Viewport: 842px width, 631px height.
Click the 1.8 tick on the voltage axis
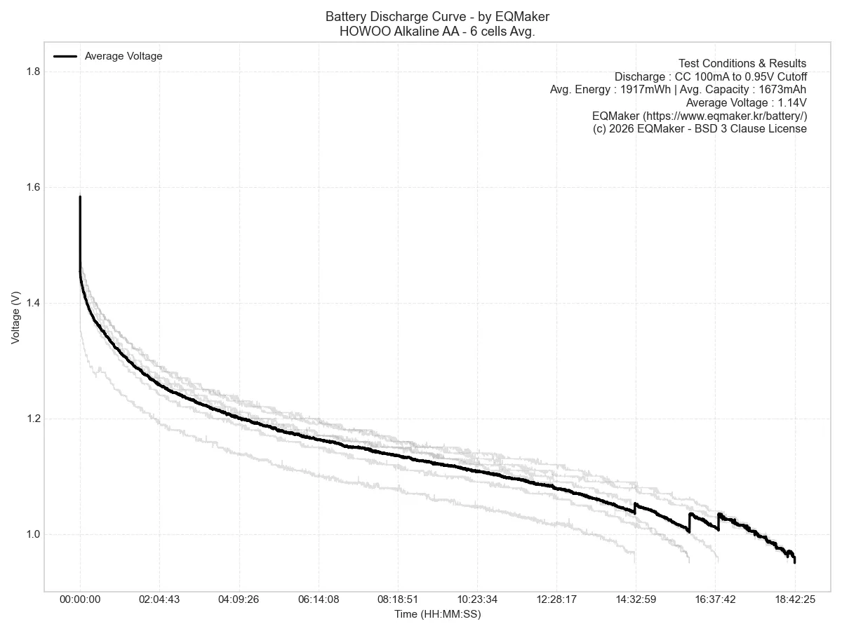(34, 72)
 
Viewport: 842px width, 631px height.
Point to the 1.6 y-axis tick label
(34, 188)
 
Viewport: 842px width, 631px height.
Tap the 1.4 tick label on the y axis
(34, 304)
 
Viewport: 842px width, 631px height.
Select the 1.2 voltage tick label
(34, 419)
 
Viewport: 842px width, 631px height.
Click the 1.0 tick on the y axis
(34, 535)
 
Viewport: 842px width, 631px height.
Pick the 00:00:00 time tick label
(80, 599)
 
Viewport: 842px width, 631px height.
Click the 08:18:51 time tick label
(398, 599)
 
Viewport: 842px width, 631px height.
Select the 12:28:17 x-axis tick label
(556, 599)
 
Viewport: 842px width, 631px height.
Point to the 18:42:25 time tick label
(795, 599)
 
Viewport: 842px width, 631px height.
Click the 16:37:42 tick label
(715, 599)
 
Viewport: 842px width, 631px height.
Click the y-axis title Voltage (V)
(15, 317)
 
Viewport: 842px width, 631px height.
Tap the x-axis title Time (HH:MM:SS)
(438, 614)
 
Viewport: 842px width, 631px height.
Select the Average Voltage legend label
(123, 56)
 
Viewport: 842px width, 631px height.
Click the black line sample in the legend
(65, 56)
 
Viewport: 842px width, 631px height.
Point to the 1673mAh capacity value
(782, 90)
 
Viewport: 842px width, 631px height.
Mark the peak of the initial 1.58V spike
(80, 196)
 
